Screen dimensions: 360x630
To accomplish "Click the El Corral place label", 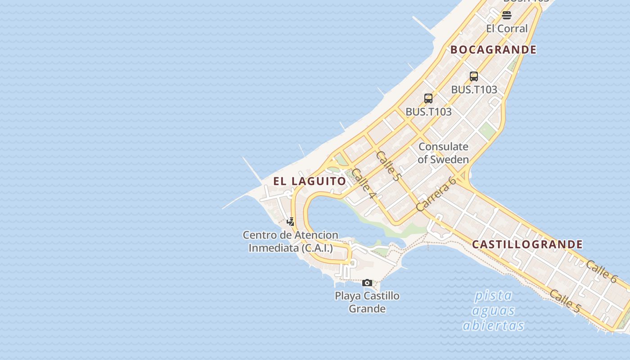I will (x=507, y=28).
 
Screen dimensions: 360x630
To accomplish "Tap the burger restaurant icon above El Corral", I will (x=507, y=15).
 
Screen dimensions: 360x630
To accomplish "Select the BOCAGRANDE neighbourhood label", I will (x=494, y=49).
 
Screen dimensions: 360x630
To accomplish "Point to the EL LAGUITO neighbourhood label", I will (x=310, y=181).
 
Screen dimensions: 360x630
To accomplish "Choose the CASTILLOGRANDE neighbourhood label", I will (x=527, y=244).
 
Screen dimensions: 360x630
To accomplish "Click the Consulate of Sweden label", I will (x=443, y=153).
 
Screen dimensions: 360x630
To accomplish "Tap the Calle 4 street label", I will (x=364, y=184).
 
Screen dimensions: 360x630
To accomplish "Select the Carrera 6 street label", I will (x=436, y=194).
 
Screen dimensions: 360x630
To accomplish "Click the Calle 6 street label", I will (x=601, y=271).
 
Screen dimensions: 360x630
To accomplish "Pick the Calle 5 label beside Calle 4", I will (x=387, y=166).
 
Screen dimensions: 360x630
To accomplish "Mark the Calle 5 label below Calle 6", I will (x=565, y=301).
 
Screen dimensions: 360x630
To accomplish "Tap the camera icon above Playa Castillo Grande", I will (x=367, y=283).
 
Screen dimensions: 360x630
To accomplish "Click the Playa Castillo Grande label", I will (x=367, y=302).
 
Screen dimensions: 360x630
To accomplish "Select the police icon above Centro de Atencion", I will (x=291, y=221).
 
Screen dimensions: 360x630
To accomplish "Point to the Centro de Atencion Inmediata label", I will (x=291, y=241).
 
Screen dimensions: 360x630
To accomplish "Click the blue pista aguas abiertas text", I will (x=493, y=310).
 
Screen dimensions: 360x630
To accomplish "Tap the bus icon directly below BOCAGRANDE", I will (x=473, y=76).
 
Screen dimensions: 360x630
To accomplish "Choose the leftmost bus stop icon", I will (x=428, y=98).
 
